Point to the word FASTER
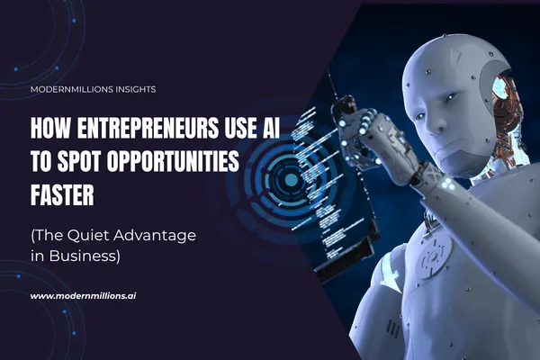(65, 181)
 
